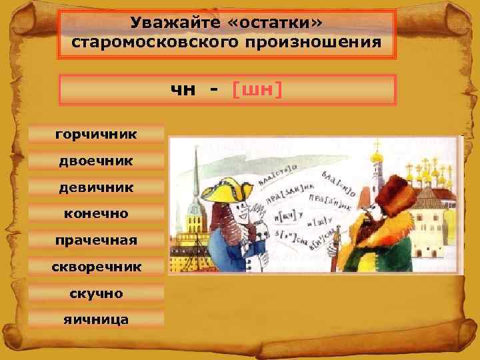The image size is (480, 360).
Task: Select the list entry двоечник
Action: [x=97, y=161]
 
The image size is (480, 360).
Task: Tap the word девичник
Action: [x=97, y=187]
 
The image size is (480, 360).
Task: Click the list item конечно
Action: [x=97, y=214]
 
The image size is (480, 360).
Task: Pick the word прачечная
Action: [x=97, y=240]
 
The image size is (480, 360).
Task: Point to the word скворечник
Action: [x=97, y=267]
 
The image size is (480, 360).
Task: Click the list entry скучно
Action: [x=97, y=293]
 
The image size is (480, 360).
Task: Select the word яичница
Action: [x=97, y=319]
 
